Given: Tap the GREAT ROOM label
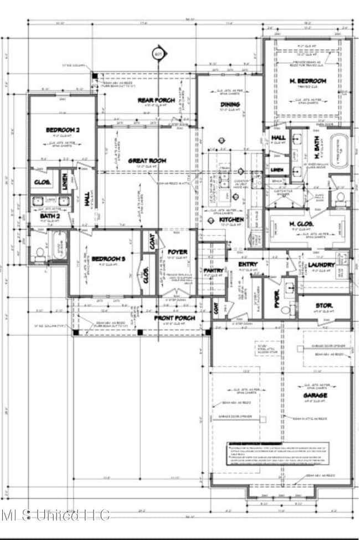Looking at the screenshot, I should pos(147,161).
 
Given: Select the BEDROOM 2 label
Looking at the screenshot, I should pos(63,130).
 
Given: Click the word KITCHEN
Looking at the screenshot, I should pos(232,220).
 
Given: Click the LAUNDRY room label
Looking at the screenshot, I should pos(322,265).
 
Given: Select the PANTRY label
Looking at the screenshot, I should pos(213,270).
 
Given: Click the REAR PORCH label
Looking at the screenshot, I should pos(156,100).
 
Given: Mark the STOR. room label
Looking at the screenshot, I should pos(324,305).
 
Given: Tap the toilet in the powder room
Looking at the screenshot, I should pos(284,309).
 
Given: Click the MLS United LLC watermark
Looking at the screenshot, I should pos(55,515).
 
